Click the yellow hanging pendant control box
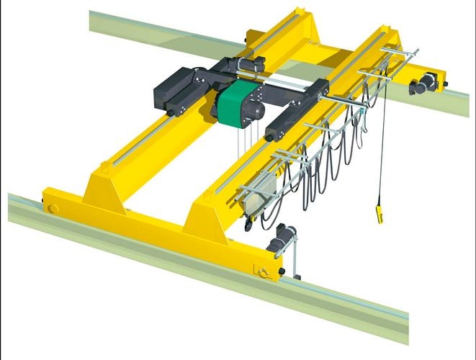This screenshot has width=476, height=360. [376, 214]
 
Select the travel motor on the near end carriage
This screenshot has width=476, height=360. [283, 238]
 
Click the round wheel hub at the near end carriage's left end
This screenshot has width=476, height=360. [53, 209]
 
